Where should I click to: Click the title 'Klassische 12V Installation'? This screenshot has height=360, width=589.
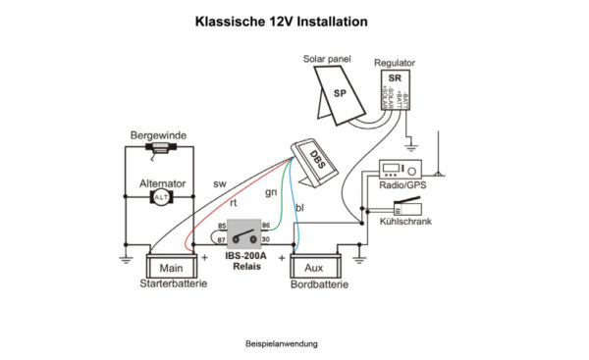[x=281, y=21]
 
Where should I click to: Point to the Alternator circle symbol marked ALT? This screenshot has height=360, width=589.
[x=160, y=197]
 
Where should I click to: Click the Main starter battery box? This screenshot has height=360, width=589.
[x=172, y=266]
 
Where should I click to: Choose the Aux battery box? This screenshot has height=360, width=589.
[x=315, y=266]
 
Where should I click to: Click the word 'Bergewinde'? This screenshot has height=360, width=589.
[x=159, y=134]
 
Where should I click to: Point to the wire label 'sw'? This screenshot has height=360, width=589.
[x=219, y=184]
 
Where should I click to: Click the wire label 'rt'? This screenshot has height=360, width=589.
[x=234, y=201]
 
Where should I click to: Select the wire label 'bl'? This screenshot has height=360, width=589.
[x=298, y=207]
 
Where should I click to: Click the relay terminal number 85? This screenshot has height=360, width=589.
[x=222, y=227]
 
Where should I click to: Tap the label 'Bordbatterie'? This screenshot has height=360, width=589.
[x=316, y=284]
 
